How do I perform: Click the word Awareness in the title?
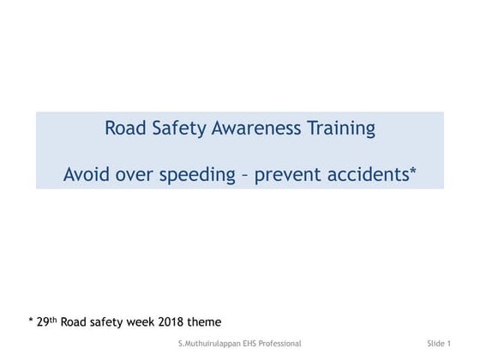click(261, 129)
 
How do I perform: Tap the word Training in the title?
click(343, 129)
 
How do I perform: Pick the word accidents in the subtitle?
click(370, 175)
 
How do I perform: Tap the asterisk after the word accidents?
click(413, 171)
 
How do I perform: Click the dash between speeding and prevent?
click(246, 176)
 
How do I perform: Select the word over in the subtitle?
click(134, 175)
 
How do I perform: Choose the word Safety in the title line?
click(178, 129)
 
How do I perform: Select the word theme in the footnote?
click(207, 321)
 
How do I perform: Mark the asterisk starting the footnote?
click(31, 321)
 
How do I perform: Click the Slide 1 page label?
click(438, 343)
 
